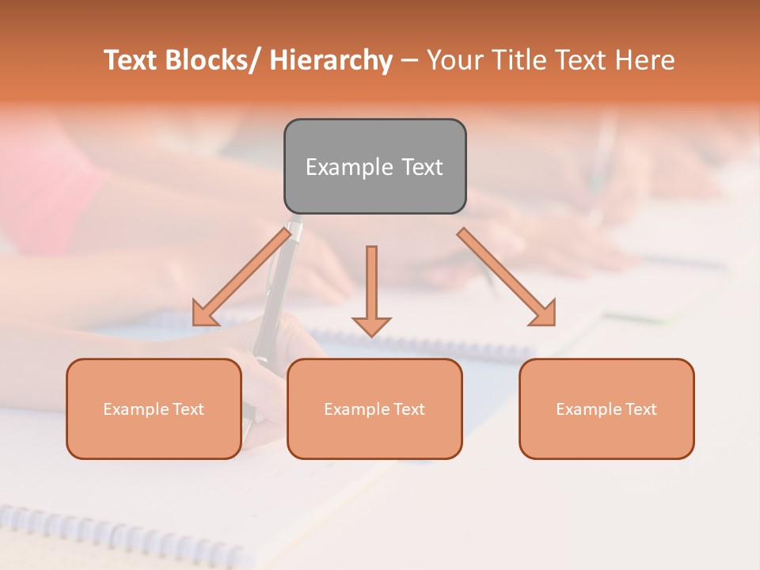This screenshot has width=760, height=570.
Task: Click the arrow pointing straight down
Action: [371, 289]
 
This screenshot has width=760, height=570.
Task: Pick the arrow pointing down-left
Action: [241, 277]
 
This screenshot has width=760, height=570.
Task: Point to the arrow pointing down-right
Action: [507, 277]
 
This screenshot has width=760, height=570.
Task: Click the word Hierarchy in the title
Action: [330, 60]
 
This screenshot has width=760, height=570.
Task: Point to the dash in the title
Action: [408, 60]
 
